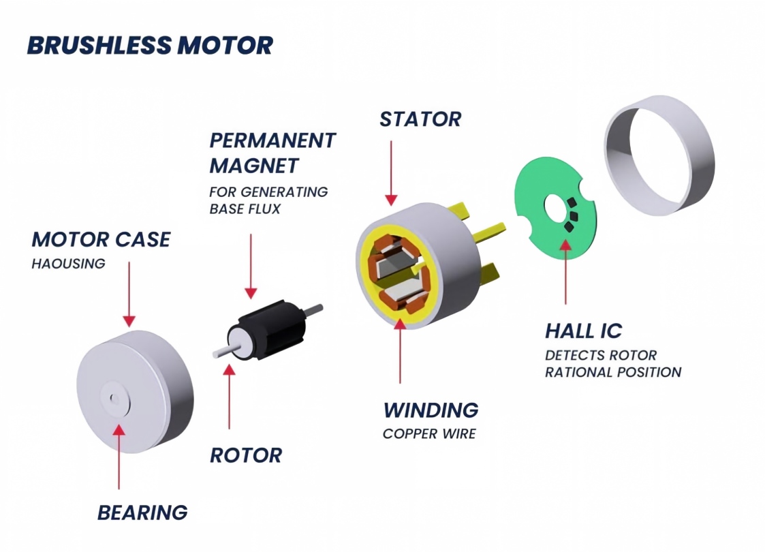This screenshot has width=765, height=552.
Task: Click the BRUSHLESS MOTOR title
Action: [150, 46]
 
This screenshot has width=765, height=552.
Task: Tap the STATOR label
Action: [420, 119]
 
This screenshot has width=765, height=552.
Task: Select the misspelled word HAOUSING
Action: [68, 264]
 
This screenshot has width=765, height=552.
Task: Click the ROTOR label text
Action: [246, 455]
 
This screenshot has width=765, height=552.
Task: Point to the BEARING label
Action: [142, 512]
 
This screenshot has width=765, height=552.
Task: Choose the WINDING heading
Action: [431, 410]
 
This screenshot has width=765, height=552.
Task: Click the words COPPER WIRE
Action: [429, 433]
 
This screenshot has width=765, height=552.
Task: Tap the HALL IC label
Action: [584, 331]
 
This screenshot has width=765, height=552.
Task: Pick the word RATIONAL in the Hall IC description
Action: [577, 372]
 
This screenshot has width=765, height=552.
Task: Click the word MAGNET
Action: [253, 166]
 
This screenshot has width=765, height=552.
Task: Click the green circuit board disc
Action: [556, 207]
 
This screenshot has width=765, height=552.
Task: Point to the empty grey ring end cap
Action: [659, 155]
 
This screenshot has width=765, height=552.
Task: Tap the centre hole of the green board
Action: [555, 207]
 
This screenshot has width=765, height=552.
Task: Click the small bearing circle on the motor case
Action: [114, 399]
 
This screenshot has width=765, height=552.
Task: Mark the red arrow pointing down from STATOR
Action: [391, 173]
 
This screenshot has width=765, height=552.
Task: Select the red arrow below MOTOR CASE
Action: [129, 294]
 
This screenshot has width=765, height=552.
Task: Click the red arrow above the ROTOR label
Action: [229, 397]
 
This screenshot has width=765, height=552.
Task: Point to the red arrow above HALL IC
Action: [566, 271]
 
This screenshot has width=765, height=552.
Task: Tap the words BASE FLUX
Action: [245, 209]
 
